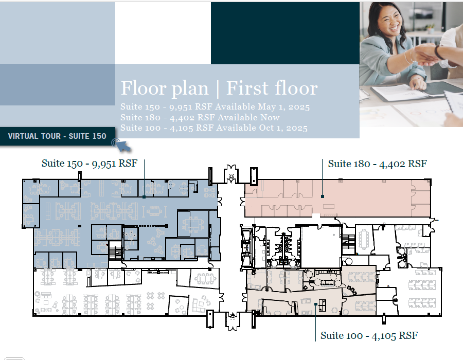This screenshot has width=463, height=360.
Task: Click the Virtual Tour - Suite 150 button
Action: pyautogui.click(x=57, y=136)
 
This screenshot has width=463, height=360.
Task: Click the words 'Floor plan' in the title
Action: pyautogui.click(x=165, y=88)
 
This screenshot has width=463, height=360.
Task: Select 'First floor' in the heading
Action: pyautogui.click(x=272, y=88)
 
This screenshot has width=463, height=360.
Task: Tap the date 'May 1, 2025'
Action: pyautogui.click(x=284, y=106)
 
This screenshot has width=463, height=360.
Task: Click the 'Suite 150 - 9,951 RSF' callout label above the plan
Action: pyautogui.click(x=90, y=163)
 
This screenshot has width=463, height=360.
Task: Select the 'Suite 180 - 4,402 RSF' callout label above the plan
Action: pyautogui.click(x=378, y=164)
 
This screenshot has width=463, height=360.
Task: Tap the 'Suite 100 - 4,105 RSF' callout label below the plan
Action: pyautogui.click(x=369, y=335)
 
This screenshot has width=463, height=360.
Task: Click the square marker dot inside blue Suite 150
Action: pyautogui.click(x=144, y=197)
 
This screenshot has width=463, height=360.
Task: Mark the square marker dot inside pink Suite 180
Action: pyautogui.click(x=323, y=196)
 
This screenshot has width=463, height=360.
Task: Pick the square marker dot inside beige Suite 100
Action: pyautogui.click(x=316, y=304)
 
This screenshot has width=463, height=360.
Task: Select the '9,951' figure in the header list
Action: pyautogui.click(x=181, y=107)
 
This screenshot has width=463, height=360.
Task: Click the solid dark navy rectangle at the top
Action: pyautogui.click(x=285, y=33)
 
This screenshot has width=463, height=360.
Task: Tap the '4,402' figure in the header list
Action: pyautogui.click(x=181, y=118)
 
